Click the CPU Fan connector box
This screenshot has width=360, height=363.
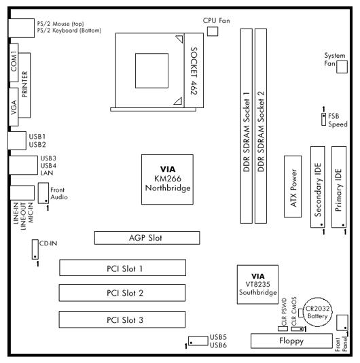point(213,31)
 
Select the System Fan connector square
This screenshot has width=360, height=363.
point(342,67)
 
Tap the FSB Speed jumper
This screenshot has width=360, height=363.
point(323,120)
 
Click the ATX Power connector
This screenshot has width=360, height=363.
point(293,186)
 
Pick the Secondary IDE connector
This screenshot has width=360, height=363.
point(317,187)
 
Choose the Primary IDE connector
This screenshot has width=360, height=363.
point(339,187)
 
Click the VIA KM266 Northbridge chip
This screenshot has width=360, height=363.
point(167,179)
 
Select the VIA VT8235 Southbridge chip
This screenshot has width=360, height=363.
point(257,285)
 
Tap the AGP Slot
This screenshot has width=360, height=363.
point(147,238)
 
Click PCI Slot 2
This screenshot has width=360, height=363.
point(122,293)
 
